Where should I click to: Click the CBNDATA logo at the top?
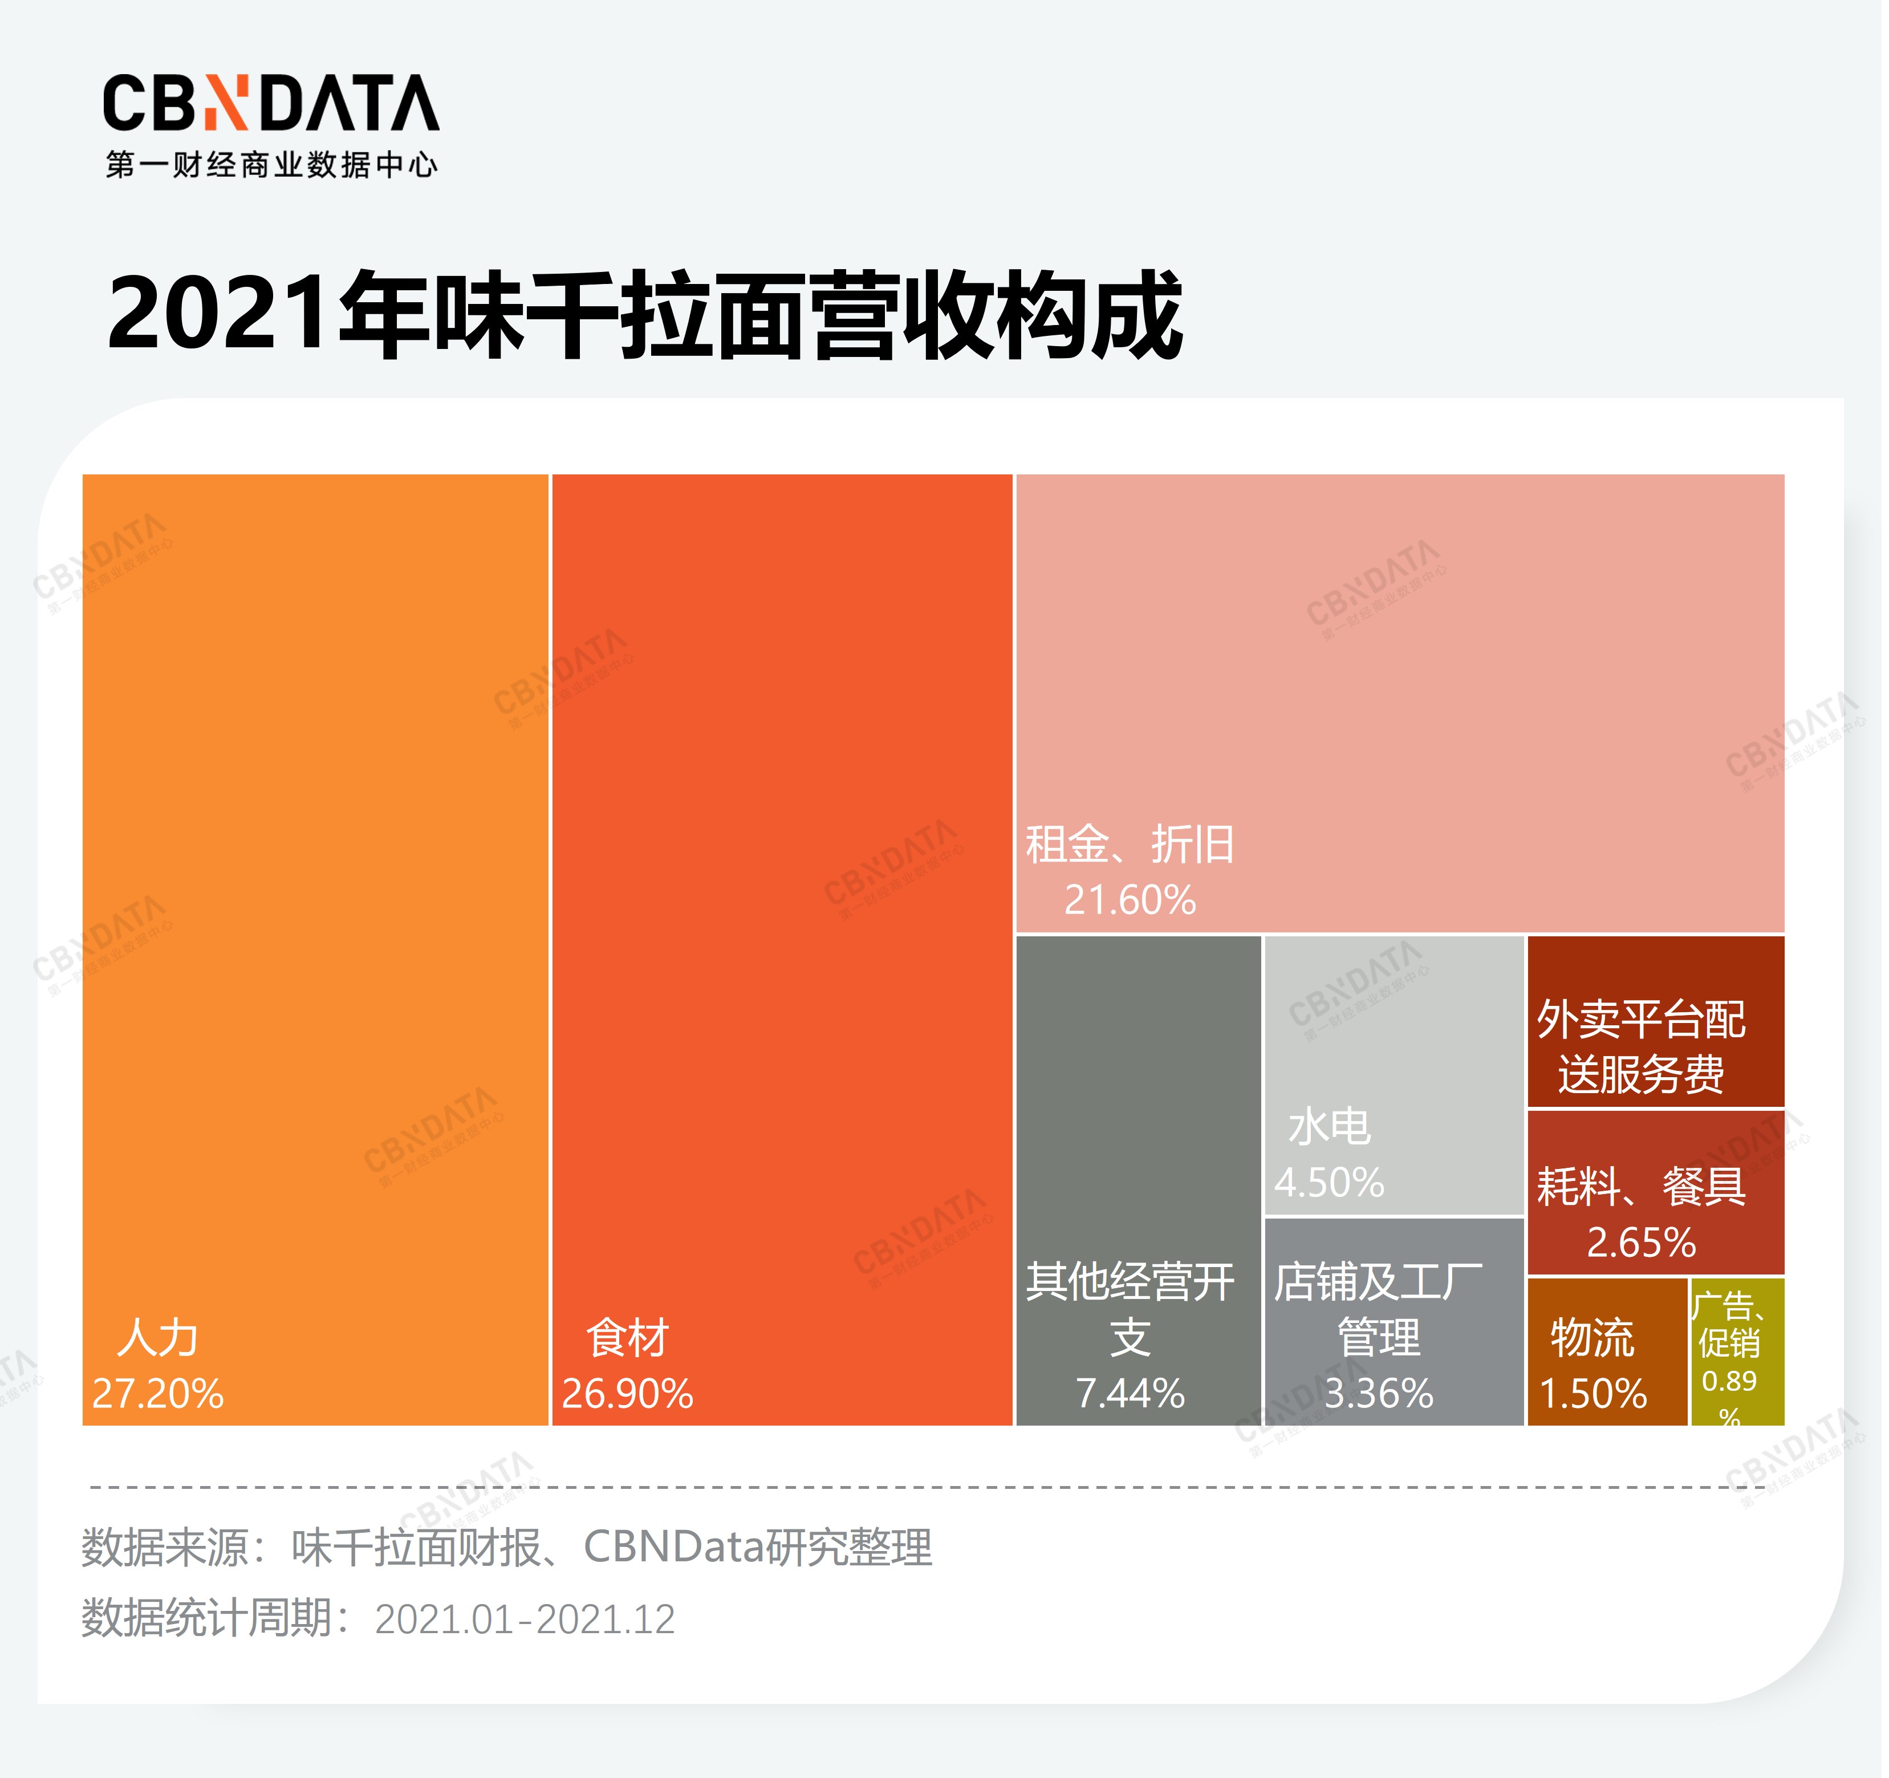(271, 103)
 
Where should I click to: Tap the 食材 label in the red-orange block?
(627, 1338)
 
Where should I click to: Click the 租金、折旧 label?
(1130, 844)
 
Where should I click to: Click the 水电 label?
(1329, 1127)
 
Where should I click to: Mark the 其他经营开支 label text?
(1130, 1309)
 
